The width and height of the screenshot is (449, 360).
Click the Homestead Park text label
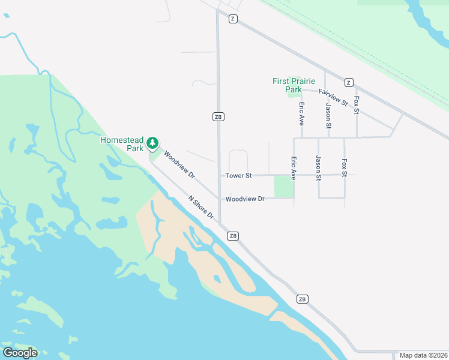coord(122,143)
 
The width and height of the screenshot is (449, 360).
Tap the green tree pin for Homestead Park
coord(153,143)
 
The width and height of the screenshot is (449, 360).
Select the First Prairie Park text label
coord(294,85)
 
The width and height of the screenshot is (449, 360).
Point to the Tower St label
coord(238,176)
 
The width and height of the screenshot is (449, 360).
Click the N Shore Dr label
coord(201,207)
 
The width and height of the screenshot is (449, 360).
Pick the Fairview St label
coord(333,97)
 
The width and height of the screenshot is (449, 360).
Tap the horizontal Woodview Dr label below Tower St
coord(245,199)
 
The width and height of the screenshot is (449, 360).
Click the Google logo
coord(20,353)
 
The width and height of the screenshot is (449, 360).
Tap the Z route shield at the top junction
coord(233,19)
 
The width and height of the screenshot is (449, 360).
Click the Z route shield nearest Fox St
coord(348,82)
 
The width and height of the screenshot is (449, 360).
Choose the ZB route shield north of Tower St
coord(218,116)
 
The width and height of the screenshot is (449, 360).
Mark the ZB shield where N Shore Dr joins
coord(234,236)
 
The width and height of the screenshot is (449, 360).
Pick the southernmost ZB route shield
coord(302,299)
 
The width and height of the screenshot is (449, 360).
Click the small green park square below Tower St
coord(283,186)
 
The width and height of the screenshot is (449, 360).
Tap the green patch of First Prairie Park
coord(294,92)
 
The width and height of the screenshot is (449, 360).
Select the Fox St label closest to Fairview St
coord(357,105)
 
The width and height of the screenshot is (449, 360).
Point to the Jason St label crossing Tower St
coord(319,168)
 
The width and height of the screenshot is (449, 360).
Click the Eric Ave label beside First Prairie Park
coord(302,113)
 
